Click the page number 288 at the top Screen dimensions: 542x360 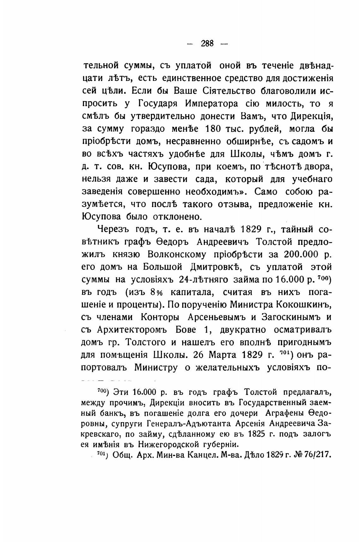click(x=207, y=43)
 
